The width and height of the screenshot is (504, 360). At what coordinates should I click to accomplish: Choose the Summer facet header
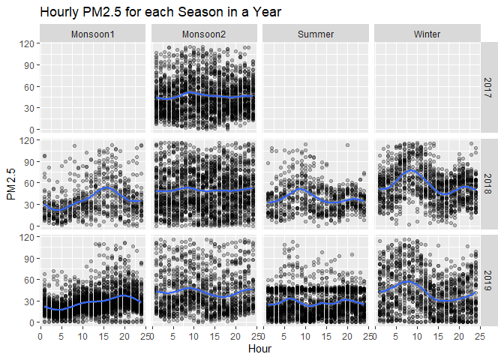[316, 34]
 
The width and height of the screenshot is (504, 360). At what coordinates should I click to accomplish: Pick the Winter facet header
[427, 34]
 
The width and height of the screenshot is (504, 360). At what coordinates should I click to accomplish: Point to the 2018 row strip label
[489, 183]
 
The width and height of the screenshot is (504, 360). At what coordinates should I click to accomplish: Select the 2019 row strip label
[489, 279]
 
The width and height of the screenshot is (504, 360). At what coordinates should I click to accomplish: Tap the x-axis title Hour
[259, 349]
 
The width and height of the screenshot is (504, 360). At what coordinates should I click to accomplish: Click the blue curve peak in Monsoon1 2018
[107, 187]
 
